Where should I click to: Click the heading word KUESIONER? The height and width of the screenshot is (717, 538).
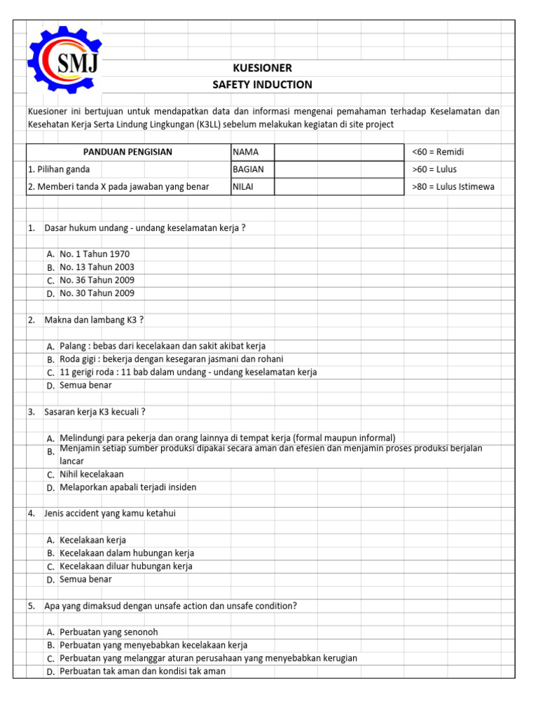pyautogui.click(x=263, y=68)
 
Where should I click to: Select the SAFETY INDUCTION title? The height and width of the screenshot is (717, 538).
pyautogui.click(x=263, y=85)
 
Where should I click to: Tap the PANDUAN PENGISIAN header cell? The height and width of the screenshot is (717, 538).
pyautogui.click(x=127, y=152)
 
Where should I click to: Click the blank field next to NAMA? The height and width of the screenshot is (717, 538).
pyautogui.click(x=338, y=152)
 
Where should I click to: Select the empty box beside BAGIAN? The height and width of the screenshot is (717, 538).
pyautogui.click(x=338, y=169)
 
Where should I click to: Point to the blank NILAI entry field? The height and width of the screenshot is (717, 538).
pyautogui.click(x=338, y=187)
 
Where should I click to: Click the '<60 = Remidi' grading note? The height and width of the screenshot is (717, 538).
pyautogui.click(x=439, y=152)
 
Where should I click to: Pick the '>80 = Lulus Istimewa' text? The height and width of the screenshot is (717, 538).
pyautogui.click(x=455, y=187)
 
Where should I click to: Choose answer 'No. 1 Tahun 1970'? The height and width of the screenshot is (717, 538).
pyautogui.click(x=95, y=254)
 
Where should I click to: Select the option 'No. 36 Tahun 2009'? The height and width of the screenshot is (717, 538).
pyautogui.click(x=97, y=280)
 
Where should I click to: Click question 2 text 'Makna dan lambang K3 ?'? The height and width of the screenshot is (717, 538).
pyautogui.click(x=94, y=320)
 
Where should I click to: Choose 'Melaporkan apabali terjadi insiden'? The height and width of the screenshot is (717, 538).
pyautogui.click(x=128, y=487)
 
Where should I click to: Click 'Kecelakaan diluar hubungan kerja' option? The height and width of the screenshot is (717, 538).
pyautogui.click(x=126, y=566)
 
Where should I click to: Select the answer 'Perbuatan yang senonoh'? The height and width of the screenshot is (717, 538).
pyautogui.click(x=109, y=632)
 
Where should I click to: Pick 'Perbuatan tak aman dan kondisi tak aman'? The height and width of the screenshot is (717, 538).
pyautogui.click(x=142, y=671)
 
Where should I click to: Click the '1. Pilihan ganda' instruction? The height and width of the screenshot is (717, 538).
pyautogui.click(x=59, y=169)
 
